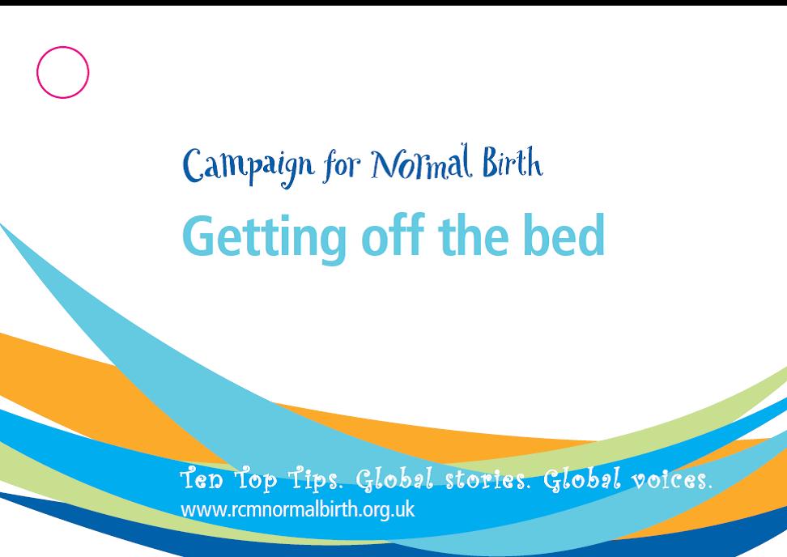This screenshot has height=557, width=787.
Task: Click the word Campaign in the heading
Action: tap(248, 167)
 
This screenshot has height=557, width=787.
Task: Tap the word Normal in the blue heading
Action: tap(422, 163)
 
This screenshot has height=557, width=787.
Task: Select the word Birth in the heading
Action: tap(513, 162)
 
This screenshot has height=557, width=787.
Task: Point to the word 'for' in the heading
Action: tap(342, 164)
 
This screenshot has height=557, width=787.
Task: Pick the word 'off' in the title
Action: tap(393, 234)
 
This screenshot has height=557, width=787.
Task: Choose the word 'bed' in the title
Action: tap(564, 234)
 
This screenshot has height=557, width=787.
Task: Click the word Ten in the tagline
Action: tap(202, 478)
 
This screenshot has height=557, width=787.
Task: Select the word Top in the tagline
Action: tap(256, 480)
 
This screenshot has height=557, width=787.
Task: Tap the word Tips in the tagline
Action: tap(316, 480)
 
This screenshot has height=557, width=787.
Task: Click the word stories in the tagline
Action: tap(487, 479)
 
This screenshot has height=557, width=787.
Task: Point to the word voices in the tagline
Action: tap(671, 480)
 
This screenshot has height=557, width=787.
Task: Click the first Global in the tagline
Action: tap(394, 478)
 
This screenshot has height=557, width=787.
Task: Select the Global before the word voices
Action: tap(582, 478)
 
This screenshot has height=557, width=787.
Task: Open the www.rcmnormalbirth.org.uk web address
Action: tap(298, 510)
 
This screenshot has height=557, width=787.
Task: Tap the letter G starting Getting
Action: tap(199, 236)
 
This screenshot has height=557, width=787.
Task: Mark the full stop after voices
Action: tap(710, 487)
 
